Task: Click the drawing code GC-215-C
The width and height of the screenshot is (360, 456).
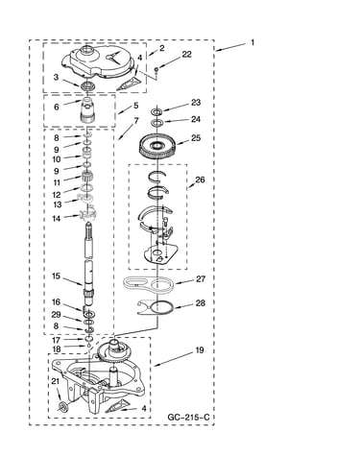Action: click(188, 418)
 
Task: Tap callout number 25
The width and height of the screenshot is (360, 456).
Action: click(196, 138)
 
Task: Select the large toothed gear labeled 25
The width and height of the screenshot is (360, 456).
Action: click(157, 148)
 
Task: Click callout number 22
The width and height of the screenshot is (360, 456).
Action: click(186, 55)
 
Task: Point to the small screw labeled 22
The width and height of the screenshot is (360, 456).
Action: click(156, 69)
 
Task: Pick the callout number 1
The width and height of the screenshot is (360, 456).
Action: click(252, 42)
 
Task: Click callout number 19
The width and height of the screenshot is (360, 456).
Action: click(200, 350)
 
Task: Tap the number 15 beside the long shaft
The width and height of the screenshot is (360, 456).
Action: click(56, 276)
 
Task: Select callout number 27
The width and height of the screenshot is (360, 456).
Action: click(201, 279)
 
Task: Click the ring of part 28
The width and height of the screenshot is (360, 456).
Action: click(162, 302)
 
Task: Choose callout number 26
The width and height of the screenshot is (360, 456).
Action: click(200, 180)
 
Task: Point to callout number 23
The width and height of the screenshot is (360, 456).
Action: click(196, 103)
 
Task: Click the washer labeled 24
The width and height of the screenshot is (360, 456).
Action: click(156, 122)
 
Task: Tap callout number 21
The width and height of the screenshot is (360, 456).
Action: click(56, 381)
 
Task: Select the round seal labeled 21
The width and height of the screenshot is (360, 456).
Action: click(62, 407)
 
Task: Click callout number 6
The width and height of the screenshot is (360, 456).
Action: click(57, 107)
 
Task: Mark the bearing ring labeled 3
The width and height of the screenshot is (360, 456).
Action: click(86, 85)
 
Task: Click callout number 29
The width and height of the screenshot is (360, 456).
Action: click(56, 315)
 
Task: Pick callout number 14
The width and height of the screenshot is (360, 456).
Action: click(57, 219)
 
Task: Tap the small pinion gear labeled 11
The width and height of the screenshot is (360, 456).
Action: click(86, 177)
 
